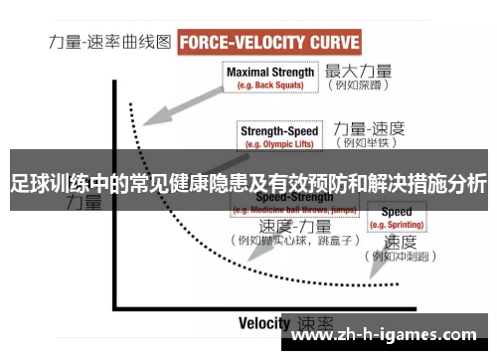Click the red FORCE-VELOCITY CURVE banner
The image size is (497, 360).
point(269,43)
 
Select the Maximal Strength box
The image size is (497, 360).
point(270,77)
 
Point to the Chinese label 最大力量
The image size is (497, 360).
point(359,71)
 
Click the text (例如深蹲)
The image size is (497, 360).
point(359,87)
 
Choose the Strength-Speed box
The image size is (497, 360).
point(280,134)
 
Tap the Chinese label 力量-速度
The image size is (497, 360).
point(368,127)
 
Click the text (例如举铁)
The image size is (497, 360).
point(368,143)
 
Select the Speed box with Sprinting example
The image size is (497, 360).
point(397,218)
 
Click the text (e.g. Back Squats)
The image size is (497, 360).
point(270,85)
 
